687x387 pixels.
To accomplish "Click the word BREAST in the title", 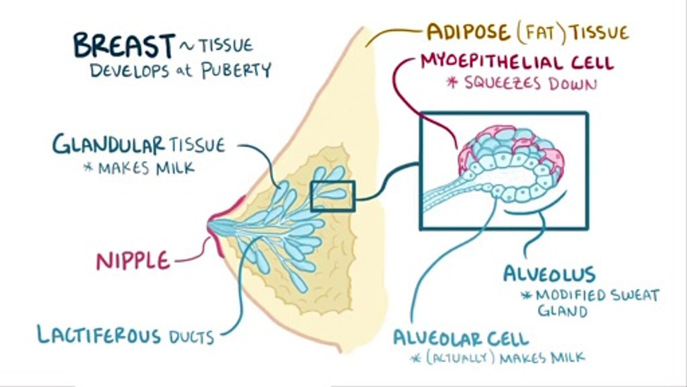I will tap(124, 45).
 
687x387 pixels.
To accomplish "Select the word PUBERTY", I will tap(237, 70).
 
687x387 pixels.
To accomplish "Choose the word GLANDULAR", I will tap(108, 145).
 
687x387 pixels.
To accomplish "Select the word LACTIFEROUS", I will tap(98, 335).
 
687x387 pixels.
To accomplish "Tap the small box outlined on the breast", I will tap(333, 196).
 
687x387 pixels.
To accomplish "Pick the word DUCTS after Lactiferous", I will tap(192, 337).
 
